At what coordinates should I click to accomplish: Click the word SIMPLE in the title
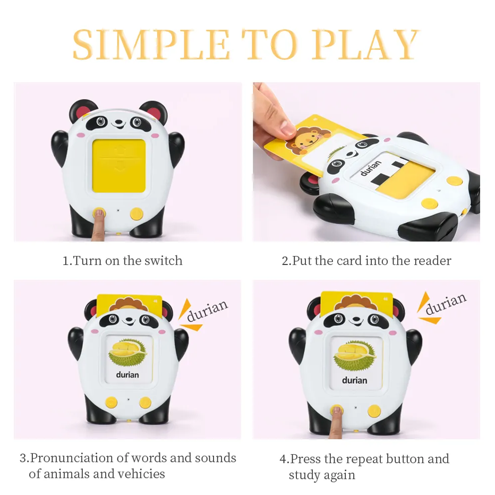pyautogui.click(x=151, y=44)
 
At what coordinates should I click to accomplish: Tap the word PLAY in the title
pyautogui.click(x=365, y=44)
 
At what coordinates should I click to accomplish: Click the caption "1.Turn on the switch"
pyautogui.click(x=123, y=261)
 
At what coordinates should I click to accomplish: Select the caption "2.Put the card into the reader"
pyautogui.click(x=366, y=261)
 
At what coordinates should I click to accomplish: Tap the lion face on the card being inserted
pyautogui.click(x=308, y=138)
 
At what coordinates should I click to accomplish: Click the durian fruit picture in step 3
pyautogui.click(x=127, y=352)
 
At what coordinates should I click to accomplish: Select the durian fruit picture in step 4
pyautogui.click(x=354, y=355)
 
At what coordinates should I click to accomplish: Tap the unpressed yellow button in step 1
pyautogui.click(x=136, y=214)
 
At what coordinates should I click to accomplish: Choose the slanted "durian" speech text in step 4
pyautogui.click(x=446, y=303)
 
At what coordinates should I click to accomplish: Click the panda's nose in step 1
pyautogui.click(x=118, y=121)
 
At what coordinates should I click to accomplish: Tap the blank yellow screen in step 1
pyautogui.click(x=118, y=166)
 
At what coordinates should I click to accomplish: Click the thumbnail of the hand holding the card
pyautogui.click(x=274, y=120)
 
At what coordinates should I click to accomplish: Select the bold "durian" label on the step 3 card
pyautogui.click(x=127, y=375)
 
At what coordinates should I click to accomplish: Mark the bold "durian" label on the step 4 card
pyautogui.click(x=354, y=380)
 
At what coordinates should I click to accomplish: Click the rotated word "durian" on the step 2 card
pyautogui.click(x=371, y=168)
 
